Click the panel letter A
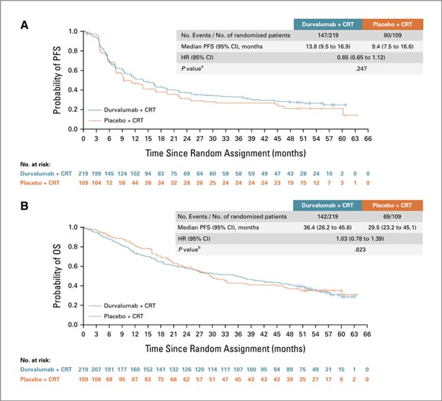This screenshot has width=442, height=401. (24, 25)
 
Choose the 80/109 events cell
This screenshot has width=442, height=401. (395, 34)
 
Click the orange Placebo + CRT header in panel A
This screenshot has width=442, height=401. (395, 22)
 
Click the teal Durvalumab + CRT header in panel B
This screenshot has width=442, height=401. (327, 205)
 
